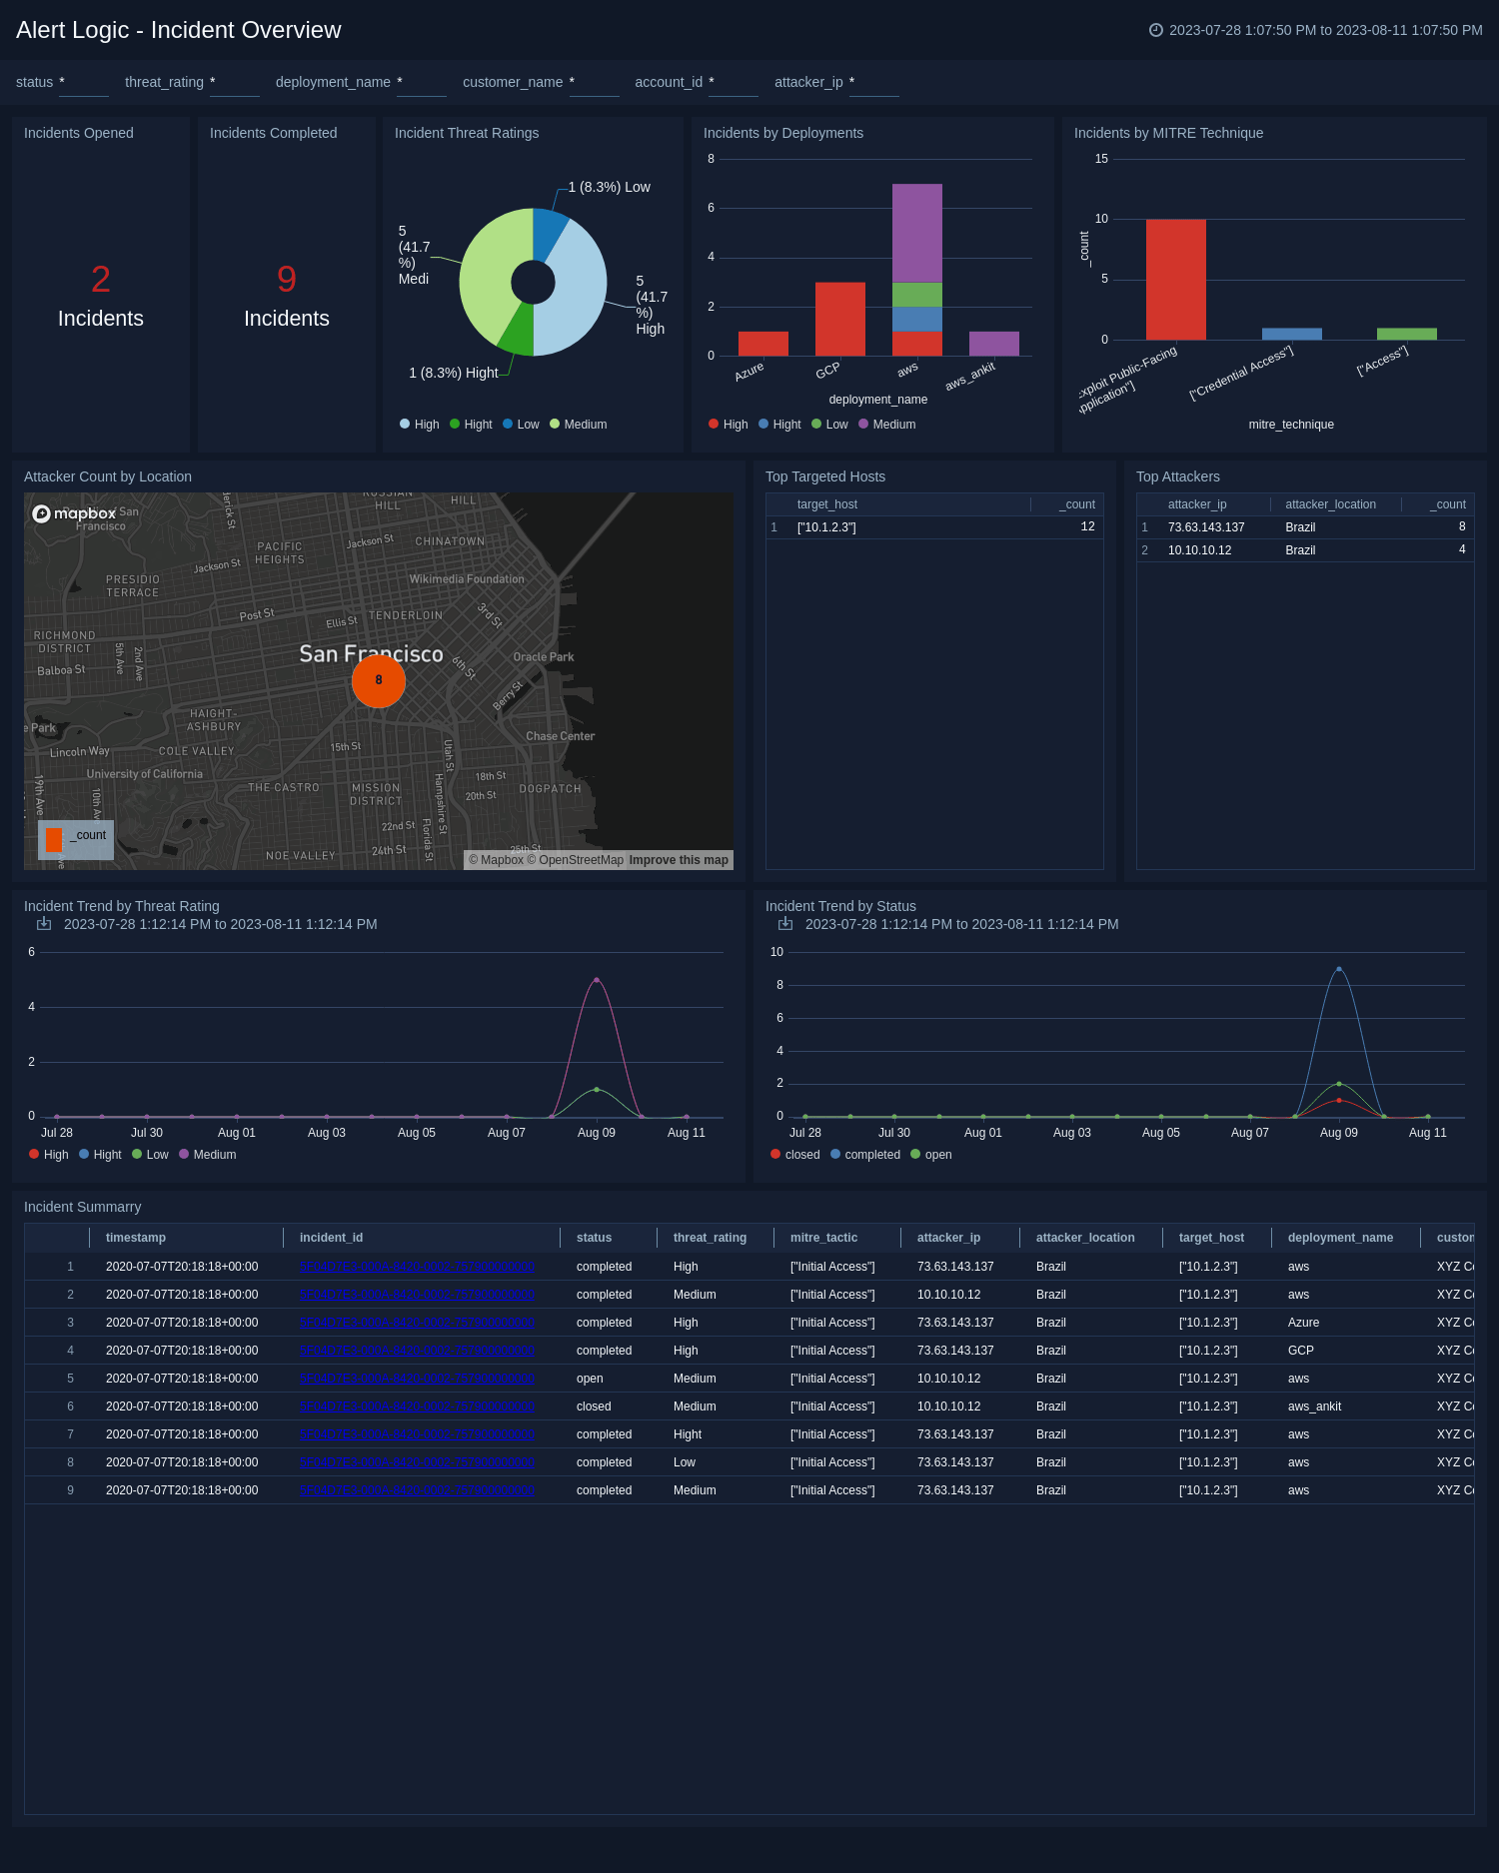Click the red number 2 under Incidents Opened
pos(101,280)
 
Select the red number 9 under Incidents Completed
pos(287,280)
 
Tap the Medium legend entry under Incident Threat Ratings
pos(579,425)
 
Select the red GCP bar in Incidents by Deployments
pos(839,319)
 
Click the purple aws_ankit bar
pos(993,344)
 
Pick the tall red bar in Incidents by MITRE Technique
pos(1175,280)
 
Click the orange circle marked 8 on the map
pos(379,680)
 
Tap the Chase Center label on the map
pos(560,736)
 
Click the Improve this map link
pos(679,860)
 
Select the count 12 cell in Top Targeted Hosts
pos(1087,527)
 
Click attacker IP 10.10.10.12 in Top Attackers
pos(1199,550)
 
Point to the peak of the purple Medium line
pos(597,980)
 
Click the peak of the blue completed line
pos(1339,969)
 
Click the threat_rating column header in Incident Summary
pos(710,1238)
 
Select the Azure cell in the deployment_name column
pos(1303,1323)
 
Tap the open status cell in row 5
pos(590,1379)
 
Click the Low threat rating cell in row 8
pos(685,1462)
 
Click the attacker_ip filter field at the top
pos(873,83)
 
